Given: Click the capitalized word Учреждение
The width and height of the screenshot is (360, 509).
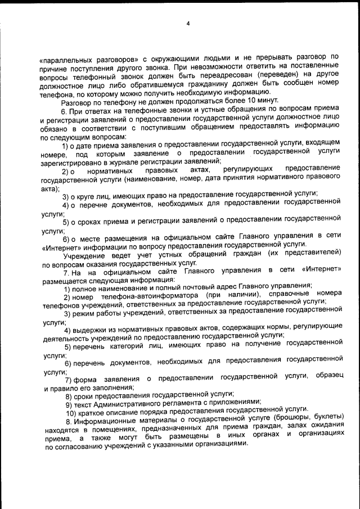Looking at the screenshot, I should pos(83,255).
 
